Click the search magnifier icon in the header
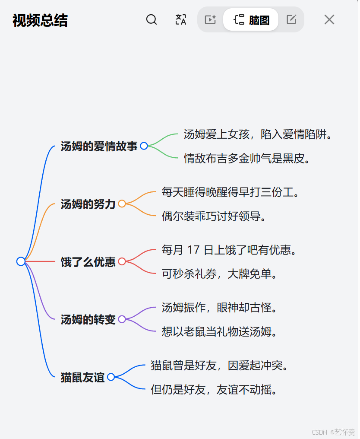pos(152,19)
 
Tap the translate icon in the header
pos(181,19)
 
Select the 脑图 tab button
pos(251,19)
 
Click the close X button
pos(329,19)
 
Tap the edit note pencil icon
pos(292,19)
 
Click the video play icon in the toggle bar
pos(210,19)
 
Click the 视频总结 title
pos(40,20)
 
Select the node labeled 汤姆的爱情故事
pos(99,146)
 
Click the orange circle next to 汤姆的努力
pos(122,204)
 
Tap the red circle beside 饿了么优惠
pos(122,261)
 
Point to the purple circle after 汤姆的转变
pos(122,319)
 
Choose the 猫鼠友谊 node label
pos(82,377)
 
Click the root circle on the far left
pos(21,261)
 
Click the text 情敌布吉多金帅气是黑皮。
pos(248,158)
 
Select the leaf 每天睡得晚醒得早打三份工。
pos(231,192)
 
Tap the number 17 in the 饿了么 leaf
pos(195,250)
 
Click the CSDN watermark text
pos(319,432)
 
